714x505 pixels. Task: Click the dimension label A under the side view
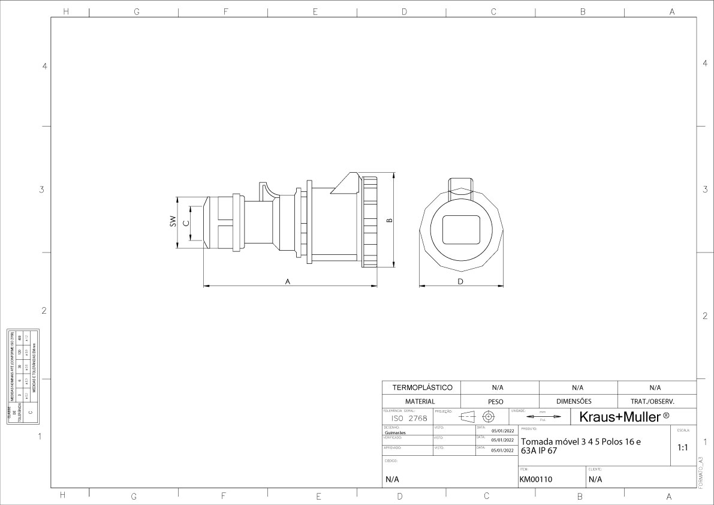[288, 281]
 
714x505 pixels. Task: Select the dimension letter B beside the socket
[389, 220]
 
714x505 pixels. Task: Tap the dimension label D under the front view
[460, 281]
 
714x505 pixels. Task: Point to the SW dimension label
[173, 221]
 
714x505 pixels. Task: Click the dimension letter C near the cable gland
[186, 223]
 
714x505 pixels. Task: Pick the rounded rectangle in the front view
[461, 229]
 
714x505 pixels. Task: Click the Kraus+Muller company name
[623, 416]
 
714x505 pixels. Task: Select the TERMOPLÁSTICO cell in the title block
[421, 387]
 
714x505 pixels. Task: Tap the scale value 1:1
[683, 447]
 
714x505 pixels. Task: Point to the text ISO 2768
[409, 418]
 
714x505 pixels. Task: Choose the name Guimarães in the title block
[395, 432]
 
